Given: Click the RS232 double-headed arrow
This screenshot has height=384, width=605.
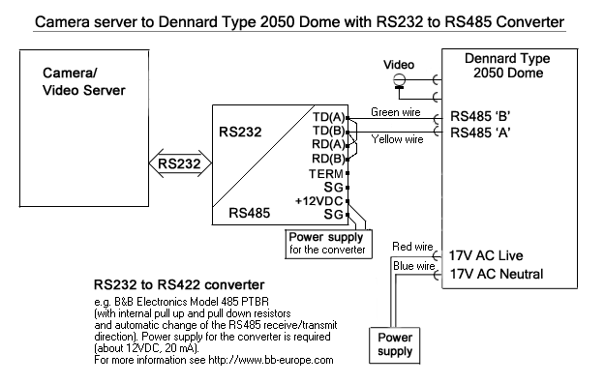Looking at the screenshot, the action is pos(181,163).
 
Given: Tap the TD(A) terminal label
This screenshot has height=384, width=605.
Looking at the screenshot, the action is pos(329,117).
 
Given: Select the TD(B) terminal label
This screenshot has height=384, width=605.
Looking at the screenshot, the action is pos(329,131).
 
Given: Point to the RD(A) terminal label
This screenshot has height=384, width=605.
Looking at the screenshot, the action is pos(328,144).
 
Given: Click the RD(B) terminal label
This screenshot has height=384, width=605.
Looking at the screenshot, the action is pos(328,159).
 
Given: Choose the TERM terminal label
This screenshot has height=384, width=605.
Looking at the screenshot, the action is pos(326,174).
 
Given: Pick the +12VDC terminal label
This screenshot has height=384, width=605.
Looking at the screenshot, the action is pos(319,201).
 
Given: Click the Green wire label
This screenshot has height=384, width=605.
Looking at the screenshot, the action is pos(396,112).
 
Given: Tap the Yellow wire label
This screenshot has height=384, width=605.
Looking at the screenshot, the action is pos(397,139).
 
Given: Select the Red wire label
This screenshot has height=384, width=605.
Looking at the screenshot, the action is pos(412,247).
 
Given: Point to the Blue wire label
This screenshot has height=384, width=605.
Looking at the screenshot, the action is pos(413,266).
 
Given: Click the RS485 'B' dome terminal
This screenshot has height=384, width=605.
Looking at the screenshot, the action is pos(480,116).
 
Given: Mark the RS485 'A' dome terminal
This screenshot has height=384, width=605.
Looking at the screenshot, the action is pos(480,133).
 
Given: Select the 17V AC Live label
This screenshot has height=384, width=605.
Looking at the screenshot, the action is pos(486,255).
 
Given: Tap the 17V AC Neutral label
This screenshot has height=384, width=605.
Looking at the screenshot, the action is pos(497,274).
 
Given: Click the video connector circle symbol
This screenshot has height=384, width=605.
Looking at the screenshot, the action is pos(400,80).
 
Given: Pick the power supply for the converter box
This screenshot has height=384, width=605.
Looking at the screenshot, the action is pos(329,244).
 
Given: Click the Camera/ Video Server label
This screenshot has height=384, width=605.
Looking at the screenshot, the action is pos(83,81).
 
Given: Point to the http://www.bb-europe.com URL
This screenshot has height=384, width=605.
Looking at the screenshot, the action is pos(271,360).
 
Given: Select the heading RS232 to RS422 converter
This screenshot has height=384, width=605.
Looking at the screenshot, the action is pos(179,285).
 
